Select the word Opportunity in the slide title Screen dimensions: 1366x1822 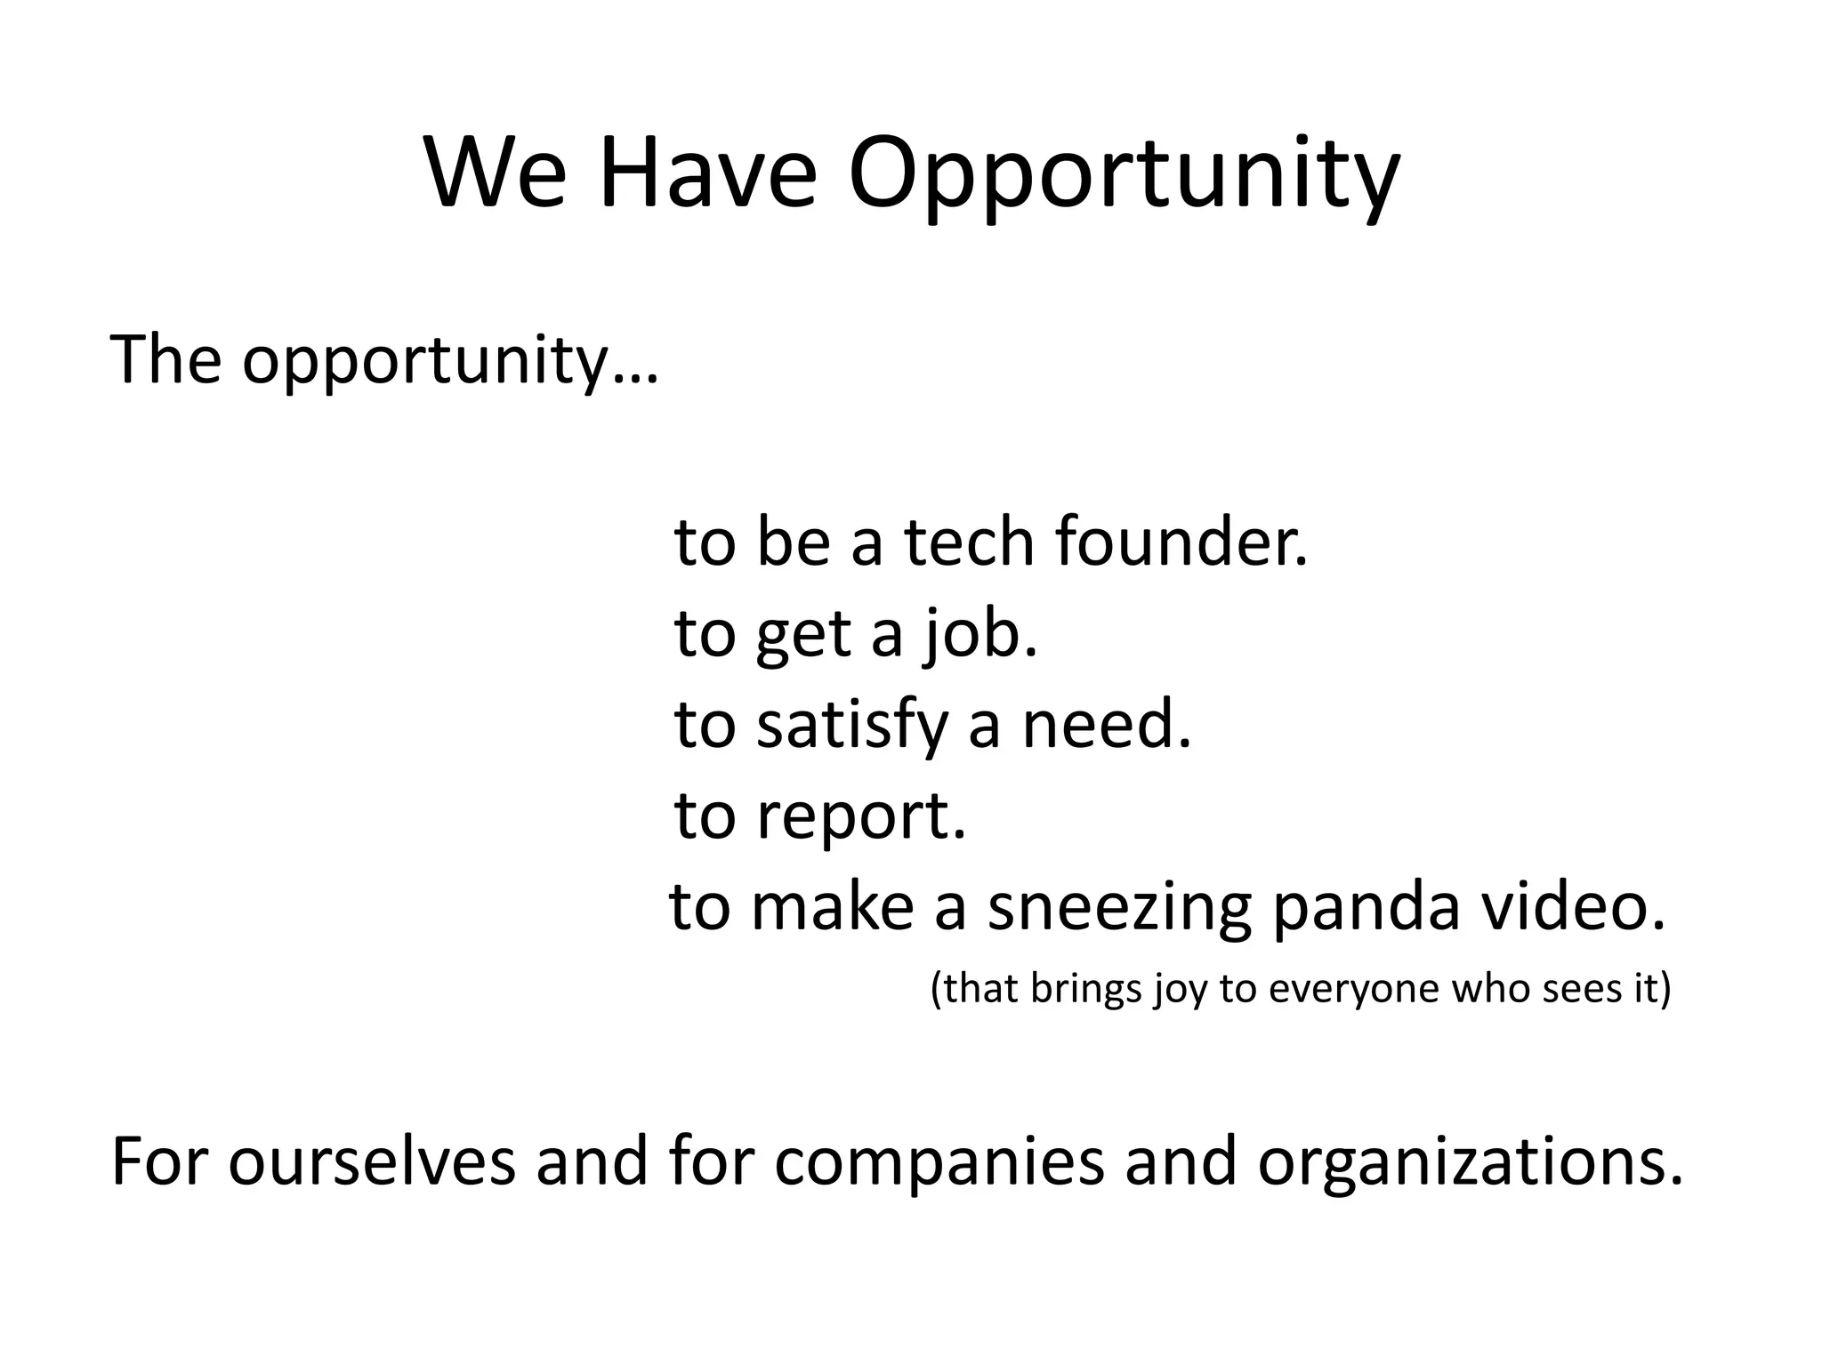click(x=1124, y=178)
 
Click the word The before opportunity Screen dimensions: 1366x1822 click(x=165, y=359)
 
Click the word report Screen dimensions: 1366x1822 click(x=860, y=816)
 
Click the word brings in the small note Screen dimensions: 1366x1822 click(x=1084, y=989)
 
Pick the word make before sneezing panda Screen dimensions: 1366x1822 click(x=832, y=907)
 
